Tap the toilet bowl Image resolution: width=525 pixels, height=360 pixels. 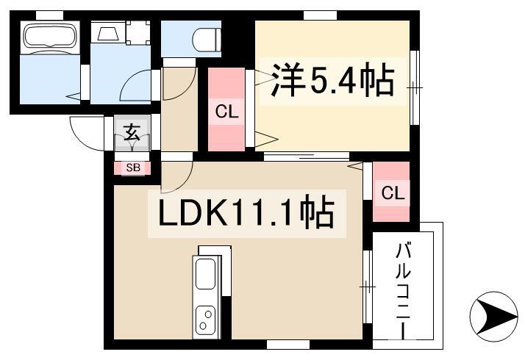point(207,40)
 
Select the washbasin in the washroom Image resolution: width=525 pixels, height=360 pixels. point(107,32)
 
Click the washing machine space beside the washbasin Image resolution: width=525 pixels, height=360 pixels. point(138,32)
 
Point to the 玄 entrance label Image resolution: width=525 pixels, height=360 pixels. point(132,132)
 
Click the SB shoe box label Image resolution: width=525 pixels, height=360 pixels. point(133,168)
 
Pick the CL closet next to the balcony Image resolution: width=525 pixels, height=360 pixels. point(391,192)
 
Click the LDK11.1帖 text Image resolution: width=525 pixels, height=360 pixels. point(246,214)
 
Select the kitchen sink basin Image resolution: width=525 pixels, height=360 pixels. point(205,274)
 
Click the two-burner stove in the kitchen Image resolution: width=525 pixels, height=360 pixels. point(205,319)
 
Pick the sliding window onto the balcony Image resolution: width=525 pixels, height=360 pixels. point(368,287)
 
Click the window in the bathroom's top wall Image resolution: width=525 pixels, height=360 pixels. point(49,15)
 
